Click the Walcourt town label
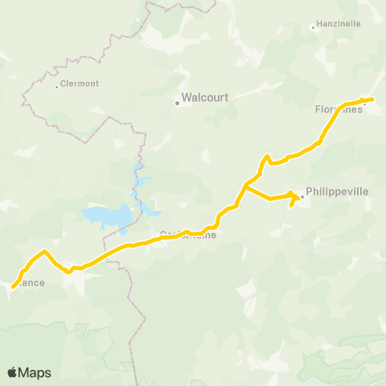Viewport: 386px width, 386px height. (206, 97)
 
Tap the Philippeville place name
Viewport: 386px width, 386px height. (335, 192)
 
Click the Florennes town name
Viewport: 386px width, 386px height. (338, 109)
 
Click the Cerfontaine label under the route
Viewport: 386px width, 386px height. (188, 236)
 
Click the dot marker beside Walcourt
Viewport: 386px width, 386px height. (178, 102)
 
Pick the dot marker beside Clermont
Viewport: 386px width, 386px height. (56, 86)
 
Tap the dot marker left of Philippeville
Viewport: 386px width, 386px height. (302, 194)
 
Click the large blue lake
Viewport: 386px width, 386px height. (108, 216)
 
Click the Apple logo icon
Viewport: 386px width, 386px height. (13, 372)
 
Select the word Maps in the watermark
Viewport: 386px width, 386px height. (35, 372)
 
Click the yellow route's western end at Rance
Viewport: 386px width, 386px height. (14, 286)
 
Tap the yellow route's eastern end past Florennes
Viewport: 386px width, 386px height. (372, 99)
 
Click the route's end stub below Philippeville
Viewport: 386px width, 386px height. (291, 205)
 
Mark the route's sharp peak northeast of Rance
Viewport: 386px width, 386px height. (44, 251)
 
